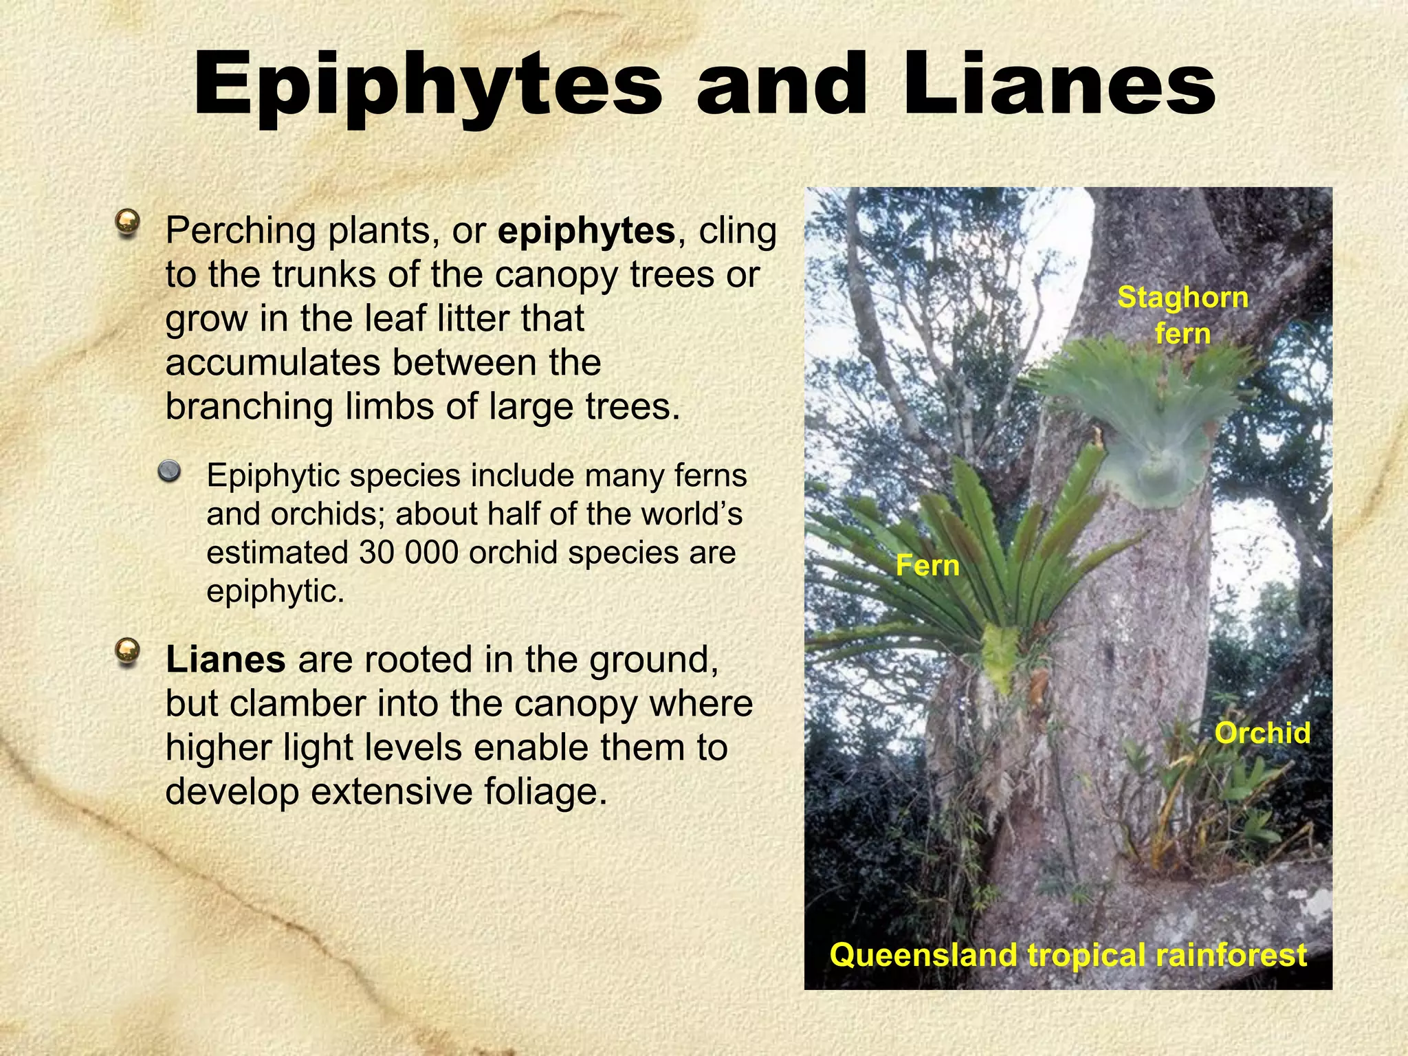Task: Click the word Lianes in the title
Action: pos(1059,85)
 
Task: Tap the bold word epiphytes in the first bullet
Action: pos(586,230)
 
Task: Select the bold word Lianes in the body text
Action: pos(225,659)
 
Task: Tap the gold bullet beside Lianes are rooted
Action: pos(128,651)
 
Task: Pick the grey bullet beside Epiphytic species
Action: pos(168,472)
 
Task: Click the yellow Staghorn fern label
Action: pos(1182,315)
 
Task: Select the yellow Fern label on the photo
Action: pos(927,566)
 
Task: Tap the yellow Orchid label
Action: pos(1262,733)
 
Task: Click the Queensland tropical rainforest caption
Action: pos(1068,955)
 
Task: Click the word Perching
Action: pos(241,232)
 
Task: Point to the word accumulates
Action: pos(274,363)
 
